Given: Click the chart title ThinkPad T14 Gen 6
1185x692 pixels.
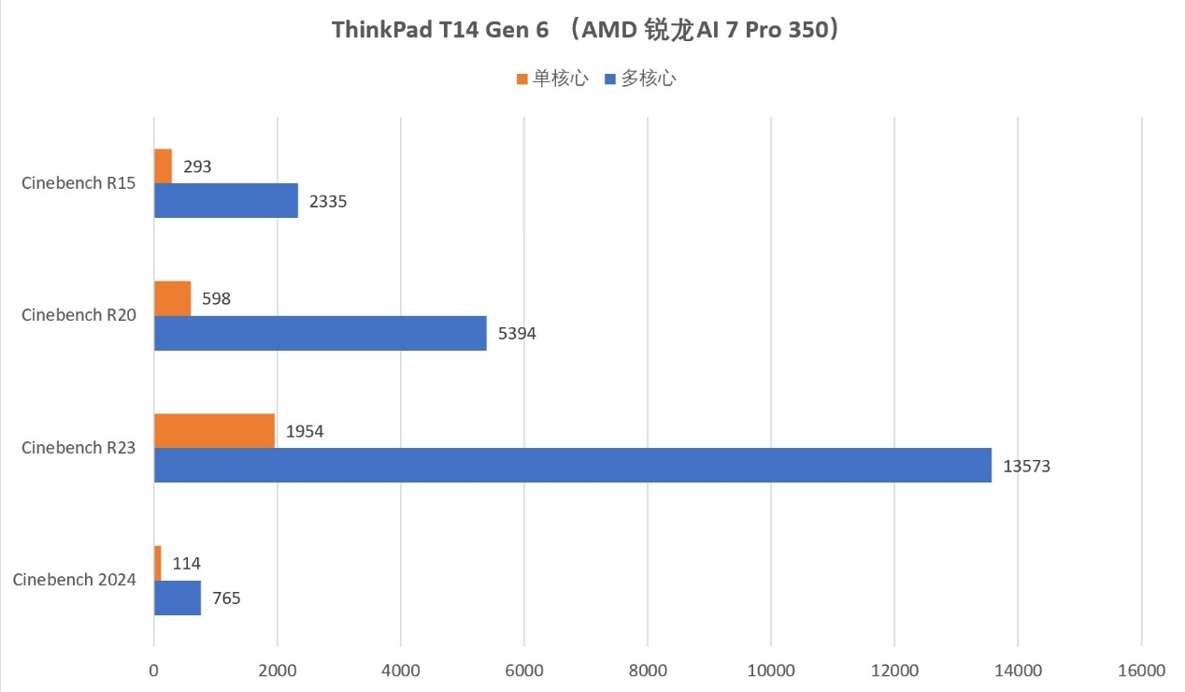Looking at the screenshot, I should click(x=591, y=30).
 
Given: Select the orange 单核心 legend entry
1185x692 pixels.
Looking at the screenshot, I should click(x=551, y=79).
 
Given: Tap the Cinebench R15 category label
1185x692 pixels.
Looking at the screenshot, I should click(x=79, y=183).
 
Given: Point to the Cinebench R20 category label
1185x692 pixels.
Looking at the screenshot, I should click(x=79, y=315).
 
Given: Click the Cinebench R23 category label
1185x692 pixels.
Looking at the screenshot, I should click(x=79, y=448).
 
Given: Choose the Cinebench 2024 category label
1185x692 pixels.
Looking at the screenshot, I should click(x=75, y=580).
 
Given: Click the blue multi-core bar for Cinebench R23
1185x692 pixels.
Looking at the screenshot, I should click(x=572, y=466).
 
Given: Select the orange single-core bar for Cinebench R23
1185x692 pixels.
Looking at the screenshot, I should click(x=214, y=430).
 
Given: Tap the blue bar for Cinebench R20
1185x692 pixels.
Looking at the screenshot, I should click(x=320, y=333).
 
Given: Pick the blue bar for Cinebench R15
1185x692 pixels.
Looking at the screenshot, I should click(x=225, y=201).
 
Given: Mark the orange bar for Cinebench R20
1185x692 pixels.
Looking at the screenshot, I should click(x=172, y=298).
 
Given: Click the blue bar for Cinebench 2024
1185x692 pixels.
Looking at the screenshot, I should click(x=178, y=598).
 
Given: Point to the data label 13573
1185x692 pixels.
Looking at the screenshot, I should click(x=1027, y=466).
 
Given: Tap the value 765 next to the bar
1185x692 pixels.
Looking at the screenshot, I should click(x=225, y=598).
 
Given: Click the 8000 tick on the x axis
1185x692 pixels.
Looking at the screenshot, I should click(x=648, y=670).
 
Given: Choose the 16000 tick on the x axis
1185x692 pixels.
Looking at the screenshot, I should click(x=1141, y=670).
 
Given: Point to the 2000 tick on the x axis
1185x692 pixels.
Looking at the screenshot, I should click(x=277, y=670).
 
